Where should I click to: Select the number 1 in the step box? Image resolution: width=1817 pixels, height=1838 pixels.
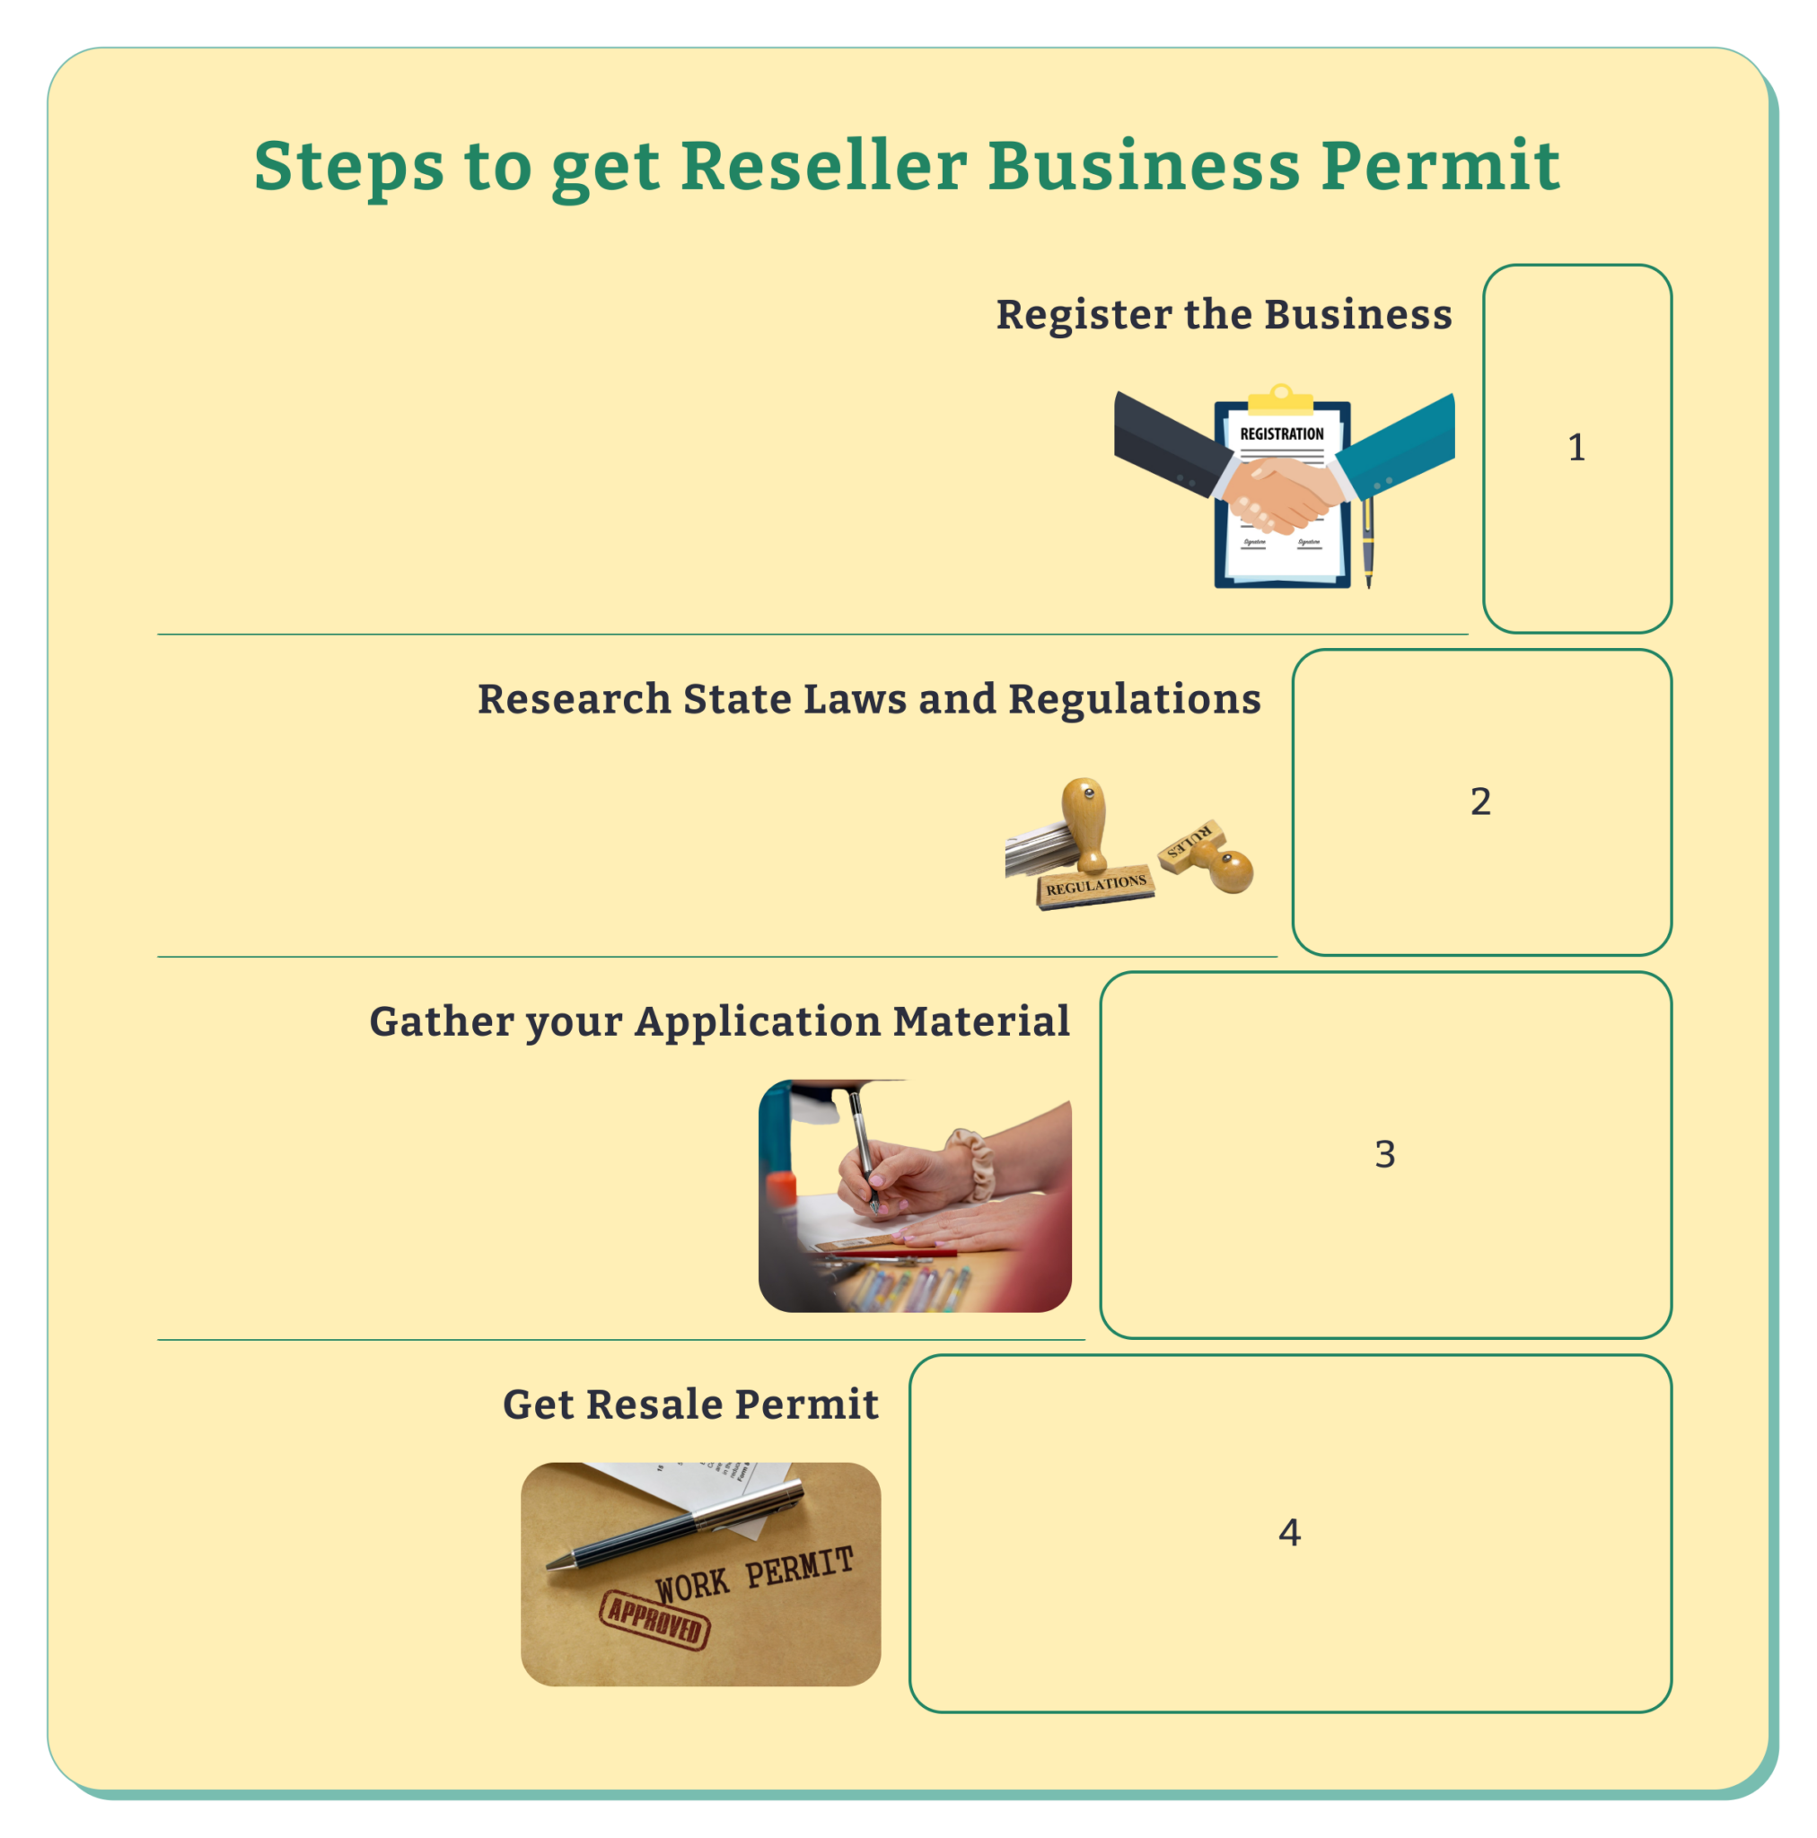tap(1576, 447)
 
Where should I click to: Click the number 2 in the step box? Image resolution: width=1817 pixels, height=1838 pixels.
tap(1480, 801)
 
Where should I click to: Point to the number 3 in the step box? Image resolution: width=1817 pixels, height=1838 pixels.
tap(1385, 1154)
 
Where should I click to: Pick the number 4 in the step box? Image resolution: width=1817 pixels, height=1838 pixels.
tap(1289, 1532)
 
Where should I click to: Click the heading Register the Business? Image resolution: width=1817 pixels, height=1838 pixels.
tap(1223, 314)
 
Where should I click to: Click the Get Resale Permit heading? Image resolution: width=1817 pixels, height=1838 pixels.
tap(690, 1405)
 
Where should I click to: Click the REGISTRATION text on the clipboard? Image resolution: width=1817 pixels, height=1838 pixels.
tap(1281, 433)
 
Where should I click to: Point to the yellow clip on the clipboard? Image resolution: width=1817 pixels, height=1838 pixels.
tap(1280, 399)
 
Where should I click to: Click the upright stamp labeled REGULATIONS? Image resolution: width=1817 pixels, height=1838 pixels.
tap(1090, 846)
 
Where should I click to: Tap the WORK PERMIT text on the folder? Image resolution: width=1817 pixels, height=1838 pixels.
tap(754, 1574)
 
